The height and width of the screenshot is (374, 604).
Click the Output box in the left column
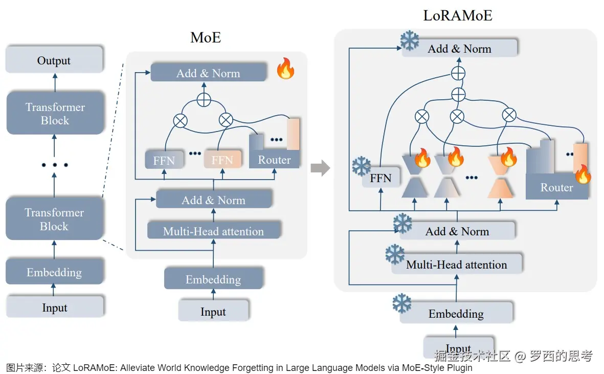coord(54,60)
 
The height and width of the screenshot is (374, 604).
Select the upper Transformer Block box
coord(55,114)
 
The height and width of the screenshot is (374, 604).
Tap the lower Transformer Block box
coord(54,219)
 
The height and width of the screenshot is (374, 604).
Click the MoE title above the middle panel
coord(206,37)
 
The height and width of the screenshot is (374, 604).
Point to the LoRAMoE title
coord(457,15)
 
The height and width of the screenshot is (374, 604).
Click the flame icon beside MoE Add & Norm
coord(285,69)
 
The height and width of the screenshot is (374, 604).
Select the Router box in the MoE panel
coord(274,160)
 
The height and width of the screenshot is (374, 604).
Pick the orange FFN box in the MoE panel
coord(222,160)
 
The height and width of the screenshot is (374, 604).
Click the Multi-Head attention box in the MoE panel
coord(213,231)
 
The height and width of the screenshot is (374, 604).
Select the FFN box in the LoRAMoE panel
coord(381,178)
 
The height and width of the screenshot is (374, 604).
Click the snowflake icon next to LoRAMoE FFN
coord(362,166)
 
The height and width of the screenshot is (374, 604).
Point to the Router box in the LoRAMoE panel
coord(556,187)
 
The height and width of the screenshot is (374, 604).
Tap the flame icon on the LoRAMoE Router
coord(583,174)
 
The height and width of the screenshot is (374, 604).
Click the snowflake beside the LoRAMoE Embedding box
coord(402,303)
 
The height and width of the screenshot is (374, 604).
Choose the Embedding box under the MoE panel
coord(213,279)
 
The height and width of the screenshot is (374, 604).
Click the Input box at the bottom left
coord(54,307)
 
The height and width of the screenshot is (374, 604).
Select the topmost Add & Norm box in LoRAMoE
coord(459,49)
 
